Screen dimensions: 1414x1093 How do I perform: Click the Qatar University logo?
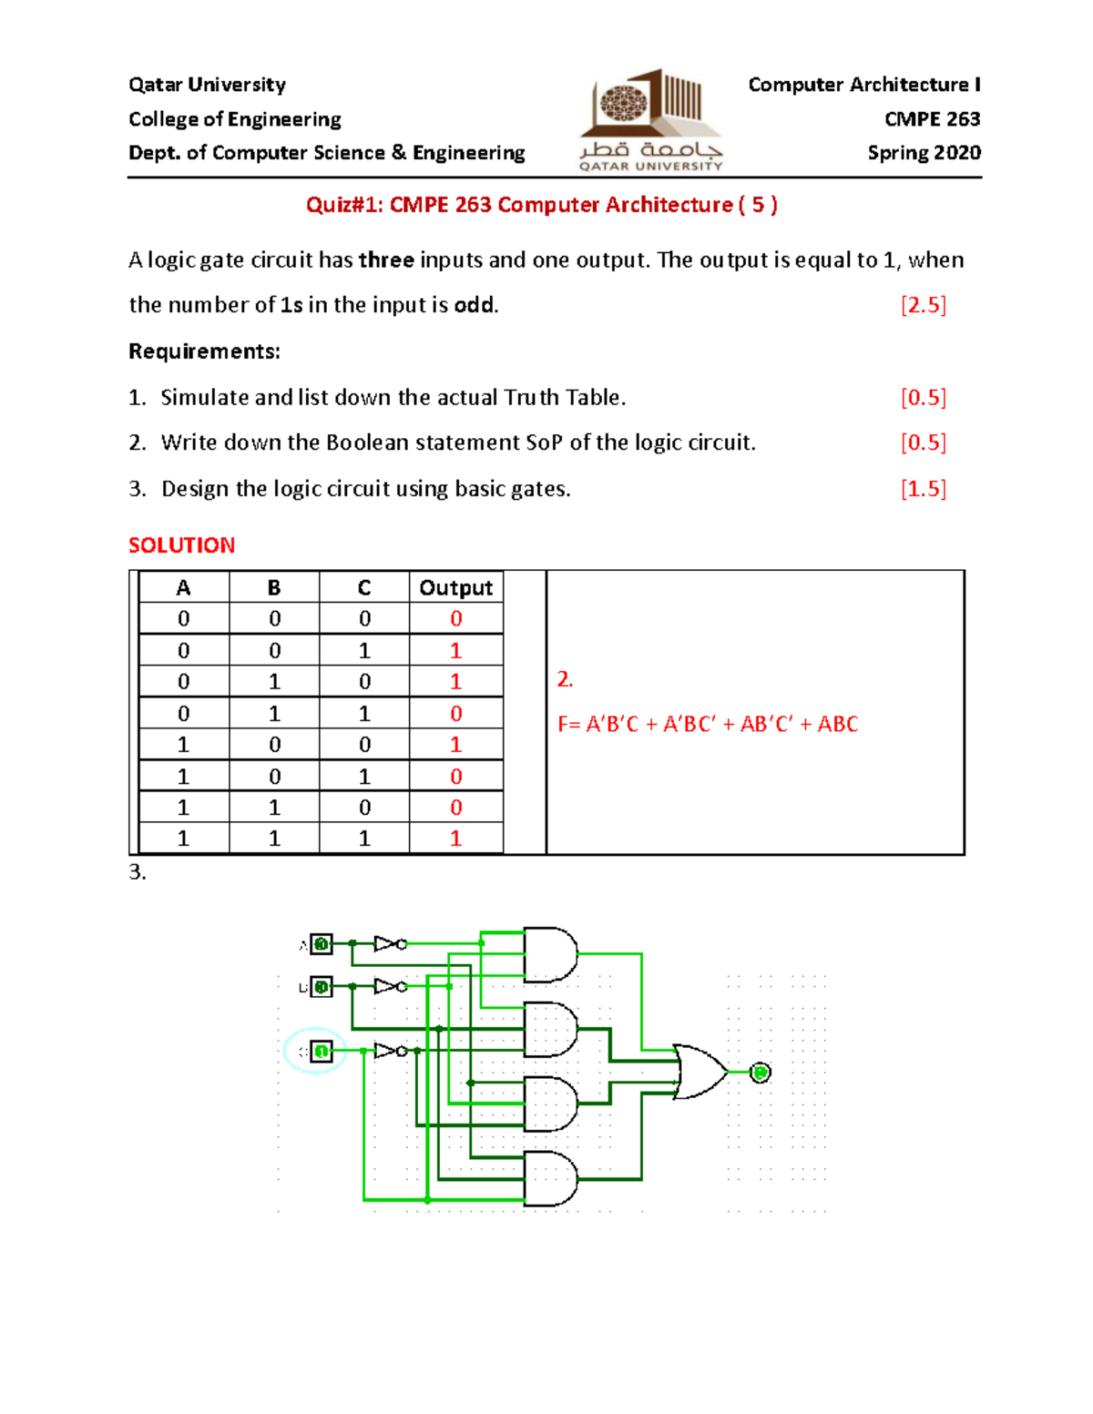point(650,118)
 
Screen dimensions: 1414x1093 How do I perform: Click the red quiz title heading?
point(541,205)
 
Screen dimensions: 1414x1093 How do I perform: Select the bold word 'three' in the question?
point(386,260)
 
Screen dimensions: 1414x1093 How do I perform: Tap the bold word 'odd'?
point(474,305)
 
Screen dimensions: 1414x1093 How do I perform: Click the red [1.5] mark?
point(923,489)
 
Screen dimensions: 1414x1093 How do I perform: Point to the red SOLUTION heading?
point(182,545)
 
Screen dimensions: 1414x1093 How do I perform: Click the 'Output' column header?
point(455,588)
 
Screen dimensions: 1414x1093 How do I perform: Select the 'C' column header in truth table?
point(364,588)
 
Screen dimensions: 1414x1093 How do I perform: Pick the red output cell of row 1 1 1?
point(455,839)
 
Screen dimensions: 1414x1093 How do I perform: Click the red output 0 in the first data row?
point(455,619)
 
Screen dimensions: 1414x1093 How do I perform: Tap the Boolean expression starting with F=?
point(708,725)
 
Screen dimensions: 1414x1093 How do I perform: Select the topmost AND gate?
point(550,955)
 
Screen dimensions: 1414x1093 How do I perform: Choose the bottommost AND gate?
point(550,1178)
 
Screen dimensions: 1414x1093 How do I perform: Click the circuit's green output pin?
point(761,1073)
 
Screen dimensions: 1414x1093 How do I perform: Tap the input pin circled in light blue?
point(321,1052)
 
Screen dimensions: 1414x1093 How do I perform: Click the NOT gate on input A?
point(389,944)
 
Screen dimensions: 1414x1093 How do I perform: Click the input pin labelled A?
point(321,944)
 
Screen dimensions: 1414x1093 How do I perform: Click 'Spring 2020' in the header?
point(924,153)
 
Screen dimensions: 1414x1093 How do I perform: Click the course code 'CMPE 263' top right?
point(932,119)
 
